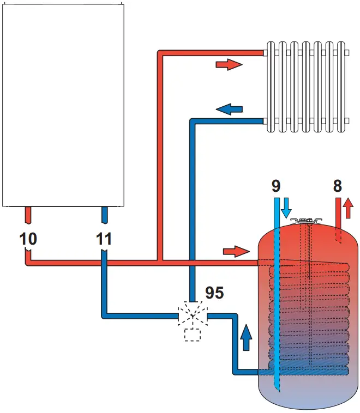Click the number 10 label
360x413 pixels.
coord(29,239)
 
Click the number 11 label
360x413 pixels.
coord(104,239)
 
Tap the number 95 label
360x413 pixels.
coord(214,293)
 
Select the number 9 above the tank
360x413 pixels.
coord(276,186)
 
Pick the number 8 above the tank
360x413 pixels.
coord(337,186)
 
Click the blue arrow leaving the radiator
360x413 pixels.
coord(229,109)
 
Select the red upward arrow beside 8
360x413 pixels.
coord(348,208)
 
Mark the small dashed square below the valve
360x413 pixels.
coord(193,335)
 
